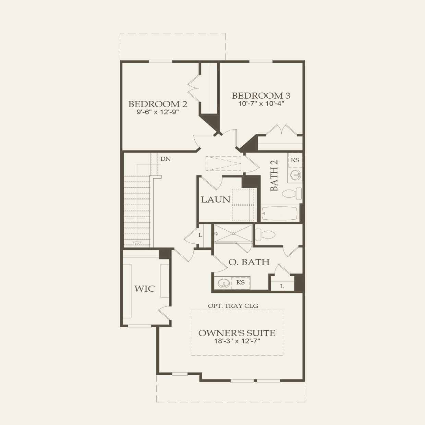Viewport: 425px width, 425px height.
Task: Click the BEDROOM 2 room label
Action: [x=158, y=104]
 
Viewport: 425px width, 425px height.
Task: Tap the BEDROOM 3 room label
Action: [x=261, y=96]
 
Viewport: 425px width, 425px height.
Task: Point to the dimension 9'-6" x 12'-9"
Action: [x=158, y=112]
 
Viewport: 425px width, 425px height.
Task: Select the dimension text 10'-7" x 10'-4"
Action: [x=261, y=104]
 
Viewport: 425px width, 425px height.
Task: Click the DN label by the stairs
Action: [x=165, y=159]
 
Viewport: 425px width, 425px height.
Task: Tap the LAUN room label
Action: [x=215, y=199]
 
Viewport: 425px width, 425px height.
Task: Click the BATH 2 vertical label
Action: [x=274, y=175]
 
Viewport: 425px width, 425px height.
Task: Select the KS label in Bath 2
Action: [x=295, y=160]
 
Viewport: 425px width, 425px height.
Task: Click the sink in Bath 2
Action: [x=295, y=175]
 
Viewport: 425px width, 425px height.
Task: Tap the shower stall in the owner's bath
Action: [x=233, y=233]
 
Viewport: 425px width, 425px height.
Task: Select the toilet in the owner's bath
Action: [x=266, y=235]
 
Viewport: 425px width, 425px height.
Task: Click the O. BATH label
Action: [x=249, y=262]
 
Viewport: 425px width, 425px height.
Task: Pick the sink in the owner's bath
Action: [x=223, y=283]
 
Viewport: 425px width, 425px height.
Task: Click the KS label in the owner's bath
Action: [x=241, y=282]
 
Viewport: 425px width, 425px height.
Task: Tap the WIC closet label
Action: [x=145, y=289]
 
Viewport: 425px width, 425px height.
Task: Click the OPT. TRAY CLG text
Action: [x=233, y=306]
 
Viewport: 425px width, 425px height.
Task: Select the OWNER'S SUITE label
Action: [x=237, y=333]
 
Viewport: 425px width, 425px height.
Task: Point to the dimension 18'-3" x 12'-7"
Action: [x=237, y=341]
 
